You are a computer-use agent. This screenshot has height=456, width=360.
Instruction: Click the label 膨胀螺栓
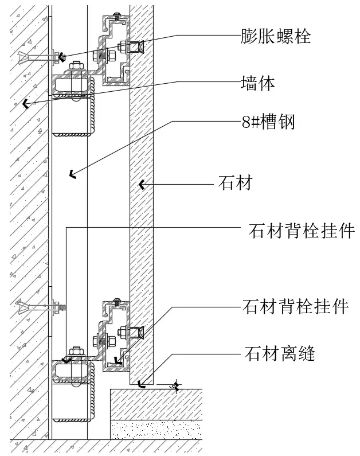(x=276, y=37)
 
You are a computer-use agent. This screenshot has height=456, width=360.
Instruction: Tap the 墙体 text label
(x=258, y=84)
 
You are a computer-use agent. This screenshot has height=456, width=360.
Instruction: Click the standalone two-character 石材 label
(x=236, y=184)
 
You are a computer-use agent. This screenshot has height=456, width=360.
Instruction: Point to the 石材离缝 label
(x=280, y=353)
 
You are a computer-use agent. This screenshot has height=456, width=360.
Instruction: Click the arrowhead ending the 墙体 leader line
(x=25, y=104)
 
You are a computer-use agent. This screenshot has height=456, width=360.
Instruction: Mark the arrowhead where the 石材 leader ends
(x=141, y=185)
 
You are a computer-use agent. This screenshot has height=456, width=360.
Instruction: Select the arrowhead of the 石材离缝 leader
(x=141, y=383)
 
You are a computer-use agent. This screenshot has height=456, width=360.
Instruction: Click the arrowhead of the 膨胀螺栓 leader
(x=61, y=57)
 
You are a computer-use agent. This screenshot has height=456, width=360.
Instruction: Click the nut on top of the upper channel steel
(x=75, y=68)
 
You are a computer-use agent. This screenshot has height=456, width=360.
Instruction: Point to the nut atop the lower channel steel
(x=75, y=350)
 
